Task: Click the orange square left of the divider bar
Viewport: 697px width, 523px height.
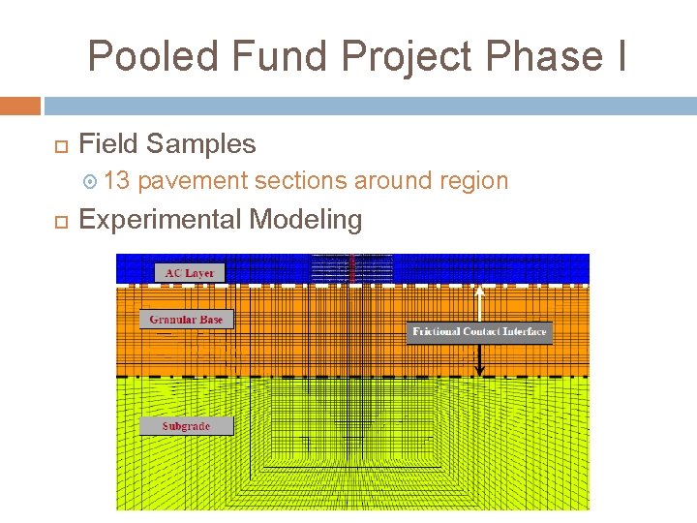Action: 20,105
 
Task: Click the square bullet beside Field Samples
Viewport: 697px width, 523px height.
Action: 55,145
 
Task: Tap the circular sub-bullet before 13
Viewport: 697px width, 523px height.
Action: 90,181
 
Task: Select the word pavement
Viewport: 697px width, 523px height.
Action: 193,181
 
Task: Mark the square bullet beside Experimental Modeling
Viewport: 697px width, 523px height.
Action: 55,221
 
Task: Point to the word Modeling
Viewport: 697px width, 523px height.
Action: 306,220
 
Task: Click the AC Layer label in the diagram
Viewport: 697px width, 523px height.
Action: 190,273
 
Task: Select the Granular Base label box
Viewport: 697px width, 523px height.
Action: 186,319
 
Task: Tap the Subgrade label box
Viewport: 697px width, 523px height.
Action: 186,426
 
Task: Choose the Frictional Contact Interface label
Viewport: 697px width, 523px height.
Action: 479,332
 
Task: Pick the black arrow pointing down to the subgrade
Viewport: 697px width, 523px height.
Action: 479,360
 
